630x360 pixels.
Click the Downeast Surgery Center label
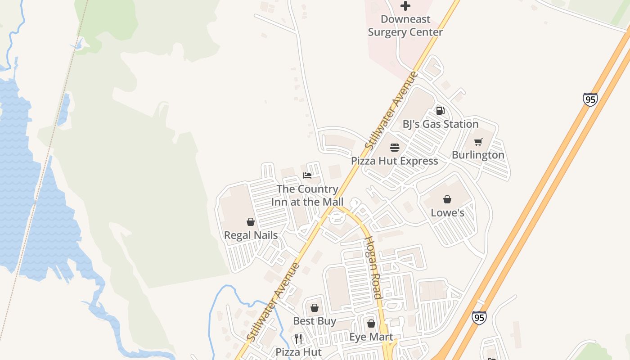tap(405, 26)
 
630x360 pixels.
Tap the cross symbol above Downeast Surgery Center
tap(405, 6)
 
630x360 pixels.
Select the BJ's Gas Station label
tap(440, 124)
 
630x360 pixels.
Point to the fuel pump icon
tap(440, 111)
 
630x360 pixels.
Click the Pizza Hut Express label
tap(394, 161)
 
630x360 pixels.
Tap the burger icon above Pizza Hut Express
tap(395, 148)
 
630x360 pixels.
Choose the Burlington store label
tap(478, 155)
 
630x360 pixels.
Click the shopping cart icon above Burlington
tap(478, 142)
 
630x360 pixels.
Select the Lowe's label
tap(447, 212)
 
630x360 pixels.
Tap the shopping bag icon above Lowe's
tap(447, 199)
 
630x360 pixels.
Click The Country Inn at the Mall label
tap(307, 195)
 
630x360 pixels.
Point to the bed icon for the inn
tap(307, 175)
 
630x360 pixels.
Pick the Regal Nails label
tap(251, 235)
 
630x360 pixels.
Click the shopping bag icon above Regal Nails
tap(251, 222)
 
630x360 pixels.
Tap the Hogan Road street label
tap(373, 268)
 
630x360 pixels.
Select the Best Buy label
tap(315, 321)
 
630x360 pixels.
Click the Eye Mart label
tap(371, 337)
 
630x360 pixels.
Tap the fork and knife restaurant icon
tap(298, 338)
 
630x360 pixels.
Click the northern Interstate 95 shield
tap(590, 99)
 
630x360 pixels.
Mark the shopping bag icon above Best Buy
tap(315, 308)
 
